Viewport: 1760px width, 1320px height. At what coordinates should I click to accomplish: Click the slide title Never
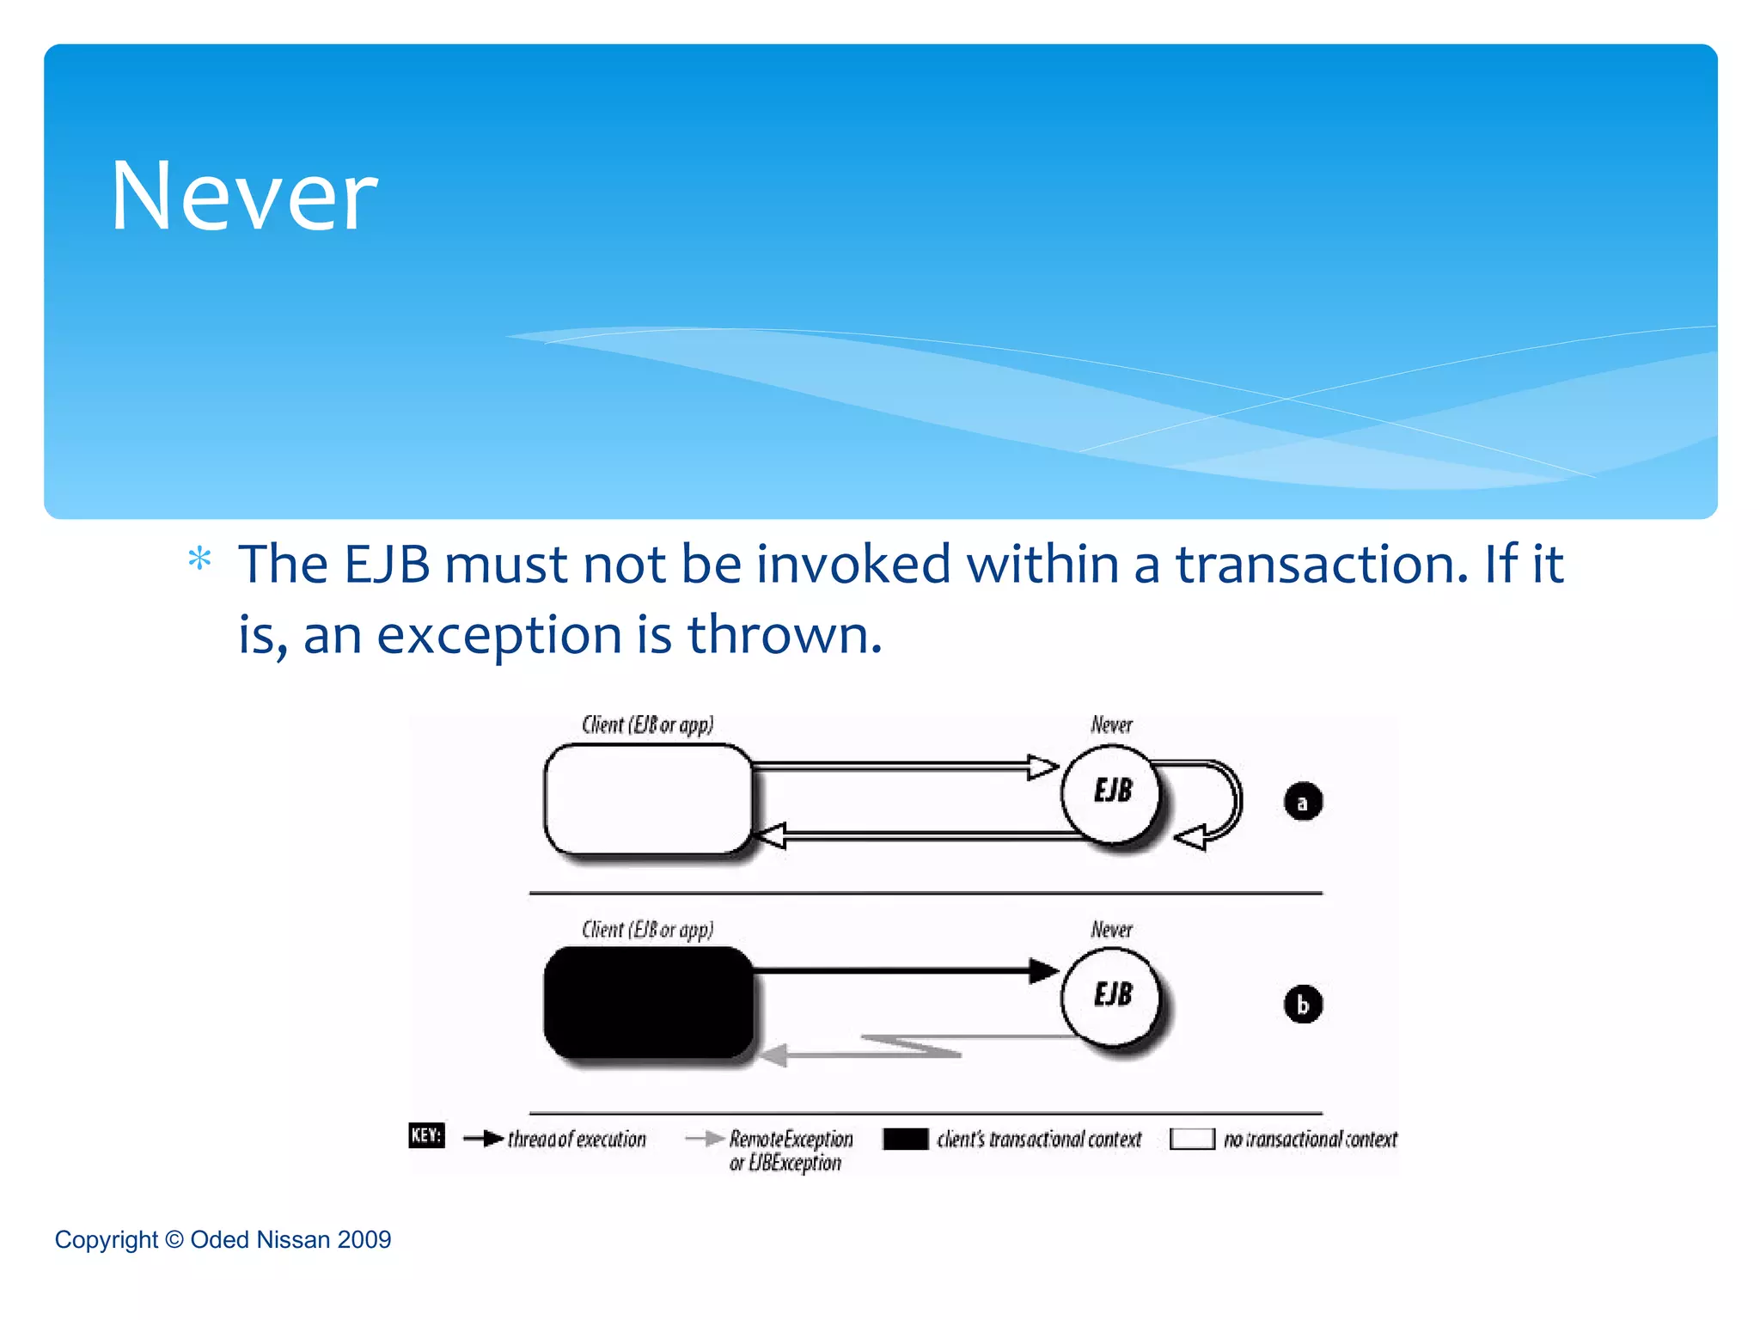(244, 197)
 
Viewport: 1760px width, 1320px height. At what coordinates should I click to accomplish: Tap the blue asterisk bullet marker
(199, 559)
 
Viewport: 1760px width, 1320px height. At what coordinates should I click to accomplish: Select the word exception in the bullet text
(499, 636)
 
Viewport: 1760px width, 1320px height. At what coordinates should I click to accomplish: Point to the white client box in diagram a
(648, 799)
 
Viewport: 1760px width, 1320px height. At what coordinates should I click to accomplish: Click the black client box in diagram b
(648, 1003)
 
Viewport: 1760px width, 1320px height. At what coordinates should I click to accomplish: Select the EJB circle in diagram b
(1112, 996)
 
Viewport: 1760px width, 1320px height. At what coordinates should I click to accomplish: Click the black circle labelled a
(1302, 802)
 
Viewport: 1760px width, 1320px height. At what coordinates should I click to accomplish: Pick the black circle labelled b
(1302, 1005)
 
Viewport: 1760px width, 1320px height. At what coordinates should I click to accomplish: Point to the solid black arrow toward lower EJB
(902, 971)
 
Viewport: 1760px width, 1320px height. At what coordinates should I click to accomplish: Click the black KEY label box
(426, 1135)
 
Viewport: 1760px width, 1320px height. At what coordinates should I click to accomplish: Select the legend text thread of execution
(577, 1140)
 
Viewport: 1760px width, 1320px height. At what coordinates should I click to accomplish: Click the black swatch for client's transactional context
(906, 1140)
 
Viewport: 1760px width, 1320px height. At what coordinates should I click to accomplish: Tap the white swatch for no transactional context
(1192, 1140)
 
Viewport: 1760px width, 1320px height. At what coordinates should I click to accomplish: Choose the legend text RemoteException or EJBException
(790, 1151)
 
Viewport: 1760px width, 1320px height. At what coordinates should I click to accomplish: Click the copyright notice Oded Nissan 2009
(223, 1239)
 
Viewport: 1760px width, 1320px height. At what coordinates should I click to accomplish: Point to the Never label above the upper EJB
(1111, 725)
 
